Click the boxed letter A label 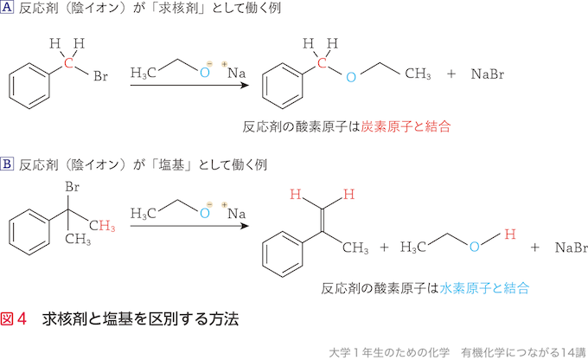pyautogui.click(x=10, y=8)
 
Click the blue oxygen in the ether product pyautogui.click(x=351, y=77)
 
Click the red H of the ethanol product pyautogui.click(x=509, y=234)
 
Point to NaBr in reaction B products pyautogui.click(x=571, y=247)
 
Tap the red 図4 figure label pyautogui.click(x=16, y=318)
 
